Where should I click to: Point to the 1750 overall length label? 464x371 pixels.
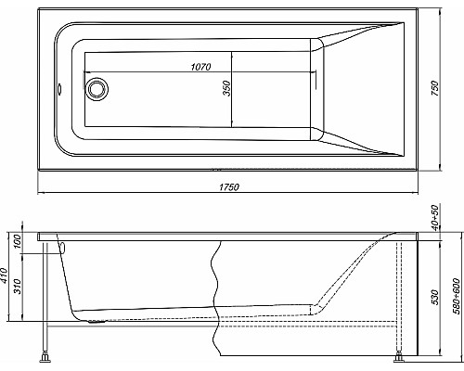point(228,188)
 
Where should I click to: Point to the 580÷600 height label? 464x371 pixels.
point(457,296)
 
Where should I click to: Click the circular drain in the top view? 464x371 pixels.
point(97,91)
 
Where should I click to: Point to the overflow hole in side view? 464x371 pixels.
point(63,247)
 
